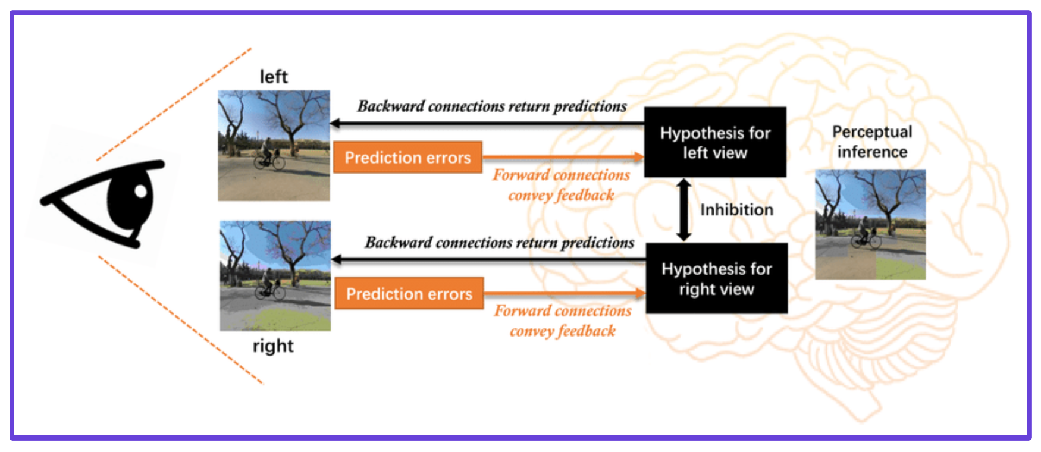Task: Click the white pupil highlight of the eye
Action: click(x=141, y=191)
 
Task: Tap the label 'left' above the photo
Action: click(x=273, y=77)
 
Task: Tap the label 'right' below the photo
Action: click(x=272, y=346)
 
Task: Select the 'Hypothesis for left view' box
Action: click(x=715, y=142)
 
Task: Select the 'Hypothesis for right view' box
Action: click(x=716, y=278)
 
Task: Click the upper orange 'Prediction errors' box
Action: click(x=407, y=158)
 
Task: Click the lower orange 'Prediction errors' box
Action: click(x=409, y=294)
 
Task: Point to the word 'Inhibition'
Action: click(x=736, y=210)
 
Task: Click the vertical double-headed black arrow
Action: click(x=684, y=210)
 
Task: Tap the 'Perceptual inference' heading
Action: click(x=872, y=142)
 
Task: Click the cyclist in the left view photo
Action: click(x=268, y=155)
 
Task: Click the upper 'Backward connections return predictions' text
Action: click(x=492, y=106)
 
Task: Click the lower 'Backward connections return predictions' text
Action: click(x=499, y=243)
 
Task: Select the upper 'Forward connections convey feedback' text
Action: click(x=561, y=185)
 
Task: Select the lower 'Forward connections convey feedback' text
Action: click(x=563, y=321)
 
